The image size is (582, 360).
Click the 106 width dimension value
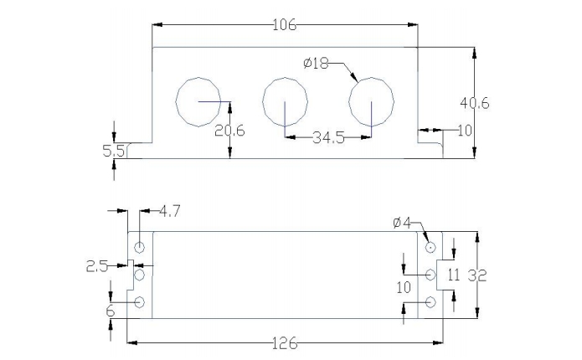285,25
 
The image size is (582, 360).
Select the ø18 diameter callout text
316,64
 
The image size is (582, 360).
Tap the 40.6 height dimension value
475,103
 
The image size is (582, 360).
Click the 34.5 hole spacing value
328,138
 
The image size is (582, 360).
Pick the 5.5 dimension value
113,151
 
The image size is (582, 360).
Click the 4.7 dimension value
169,212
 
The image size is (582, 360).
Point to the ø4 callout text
403,223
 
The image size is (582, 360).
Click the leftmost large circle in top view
198,101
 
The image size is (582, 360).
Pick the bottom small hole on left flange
139,302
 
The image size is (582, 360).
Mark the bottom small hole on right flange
430,302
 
